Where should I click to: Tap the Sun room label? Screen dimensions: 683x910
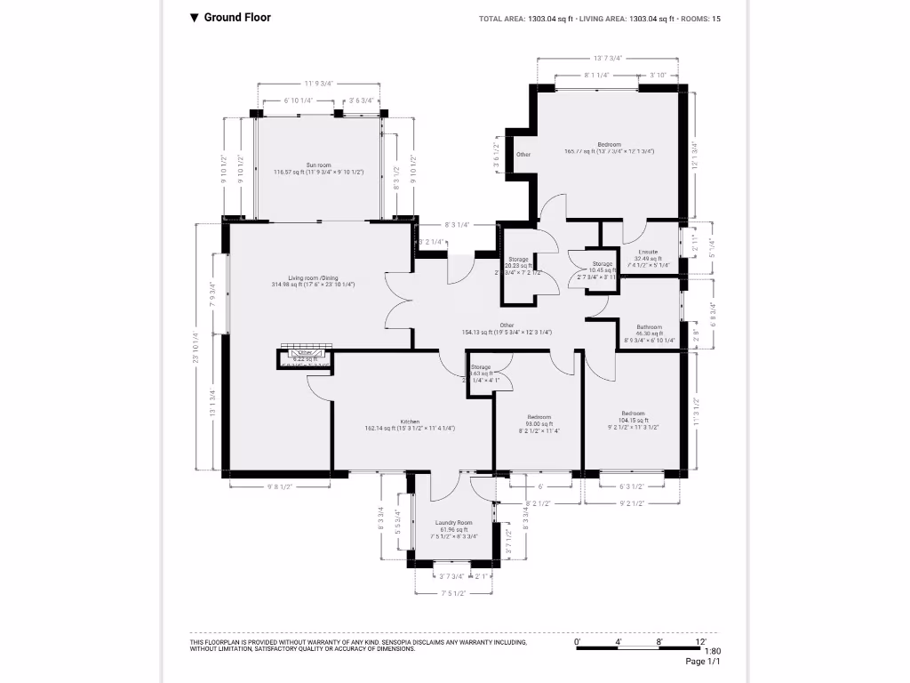(318, 165)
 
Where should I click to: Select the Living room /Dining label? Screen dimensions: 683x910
(313, 278)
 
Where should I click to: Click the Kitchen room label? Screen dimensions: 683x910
(410, 422)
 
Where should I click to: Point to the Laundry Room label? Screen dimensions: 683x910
(453, 523)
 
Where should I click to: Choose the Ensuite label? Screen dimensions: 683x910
(647, 252)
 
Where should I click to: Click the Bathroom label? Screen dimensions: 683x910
(649, 327)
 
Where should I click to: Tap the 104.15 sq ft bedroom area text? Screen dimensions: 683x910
(634, 421)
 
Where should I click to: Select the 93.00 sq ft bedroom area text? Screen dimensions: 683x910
(539, 423)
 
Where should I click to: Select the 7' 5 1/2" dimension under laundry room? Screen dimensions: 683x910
(453, 593)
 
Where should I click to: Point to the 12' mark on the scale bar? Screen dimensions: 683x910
(701, 641)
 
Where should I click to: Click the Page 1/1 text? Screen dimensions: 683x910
(702, 662)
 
